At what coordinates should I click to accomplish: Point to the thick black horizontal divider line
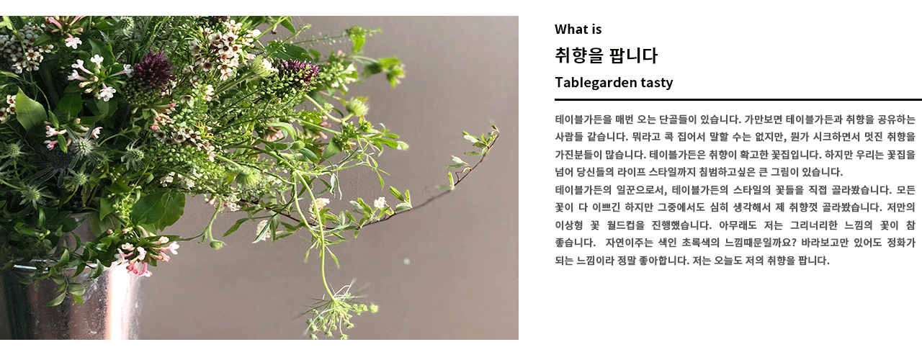click(x=738, y=99)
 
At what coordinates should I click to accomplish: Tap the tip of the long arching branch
click(x=497, y=129)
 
